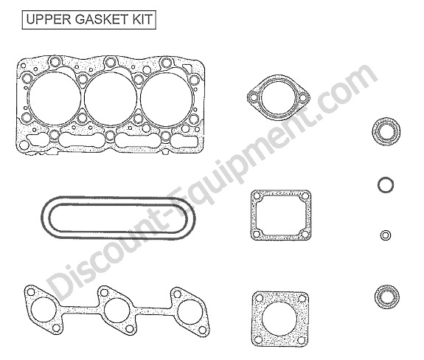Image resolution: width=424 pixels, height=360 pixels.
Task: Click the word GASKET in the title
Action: click(x=101, y=19)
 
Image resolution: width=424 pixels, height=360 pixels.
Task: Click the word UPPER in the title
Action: click(x=49, y=19)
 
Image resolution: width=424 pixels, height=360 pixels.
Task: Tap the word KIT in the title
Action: click(x=142, y=19)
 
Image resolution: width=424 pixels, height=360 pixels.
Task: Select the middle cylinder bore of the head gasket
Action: click(x=111, y=99)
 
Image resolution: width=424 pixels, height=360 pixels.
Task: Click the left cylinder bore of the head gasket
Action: click(x=55, y=99)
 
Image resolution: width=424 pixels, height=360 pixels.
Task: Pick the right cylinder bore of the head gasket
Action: click(x=167, y=99)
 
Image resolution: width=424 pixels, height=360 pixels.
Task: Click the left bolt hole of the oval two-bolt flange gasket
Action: click(x=254, y=97)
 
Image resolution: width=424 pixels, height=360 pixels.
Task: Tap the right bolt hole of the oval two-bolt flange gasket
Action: click(x=303, y=97)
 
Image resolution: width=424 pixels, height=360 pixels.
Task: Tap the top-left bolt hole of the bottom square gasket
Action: click(x=259, y=298)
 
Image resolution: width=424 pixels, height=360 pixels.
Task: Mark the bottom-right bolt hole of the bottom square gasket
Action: click(x=301, y=340)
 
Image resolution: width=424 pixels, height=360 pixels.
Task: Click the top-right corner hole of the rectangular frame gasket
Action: click(x=305, y=195)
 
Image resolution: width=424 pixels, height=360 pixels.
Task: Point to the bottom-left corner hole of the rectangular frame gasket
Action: click(x=257, y=234)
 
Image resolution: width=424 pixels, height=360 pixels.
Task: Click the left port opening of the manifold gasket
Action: click(x=44, y=310)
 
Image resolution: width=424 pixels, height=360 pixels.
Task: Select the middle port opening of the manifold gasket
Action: click(x=117, y=311)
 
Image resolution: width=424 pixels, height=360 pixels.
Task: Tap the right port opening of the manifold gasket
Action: click(x=190, y=312)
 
